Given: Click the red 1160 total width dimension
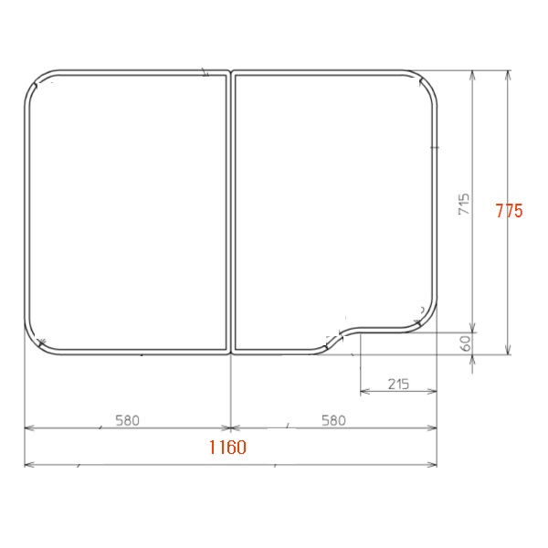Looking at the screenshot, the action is point(227,447).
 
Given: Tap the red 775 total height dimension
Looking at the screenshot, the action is point(510,211).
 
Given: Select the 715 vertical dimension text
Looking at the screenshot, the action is point(464,204).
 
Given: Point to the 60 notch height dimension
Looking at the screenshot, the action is point(466,343).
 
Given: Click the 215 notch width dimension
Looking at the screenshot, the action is point(398,385).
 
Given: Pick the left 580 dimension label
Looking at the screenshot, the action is point(128,420).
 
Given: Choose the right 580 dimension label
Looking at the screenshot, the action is point(333,420).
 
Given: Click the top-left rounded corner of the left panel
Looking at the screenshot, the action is point(37,82).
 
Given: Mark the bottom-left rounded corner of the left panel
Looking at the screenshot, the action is point(37,342).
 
